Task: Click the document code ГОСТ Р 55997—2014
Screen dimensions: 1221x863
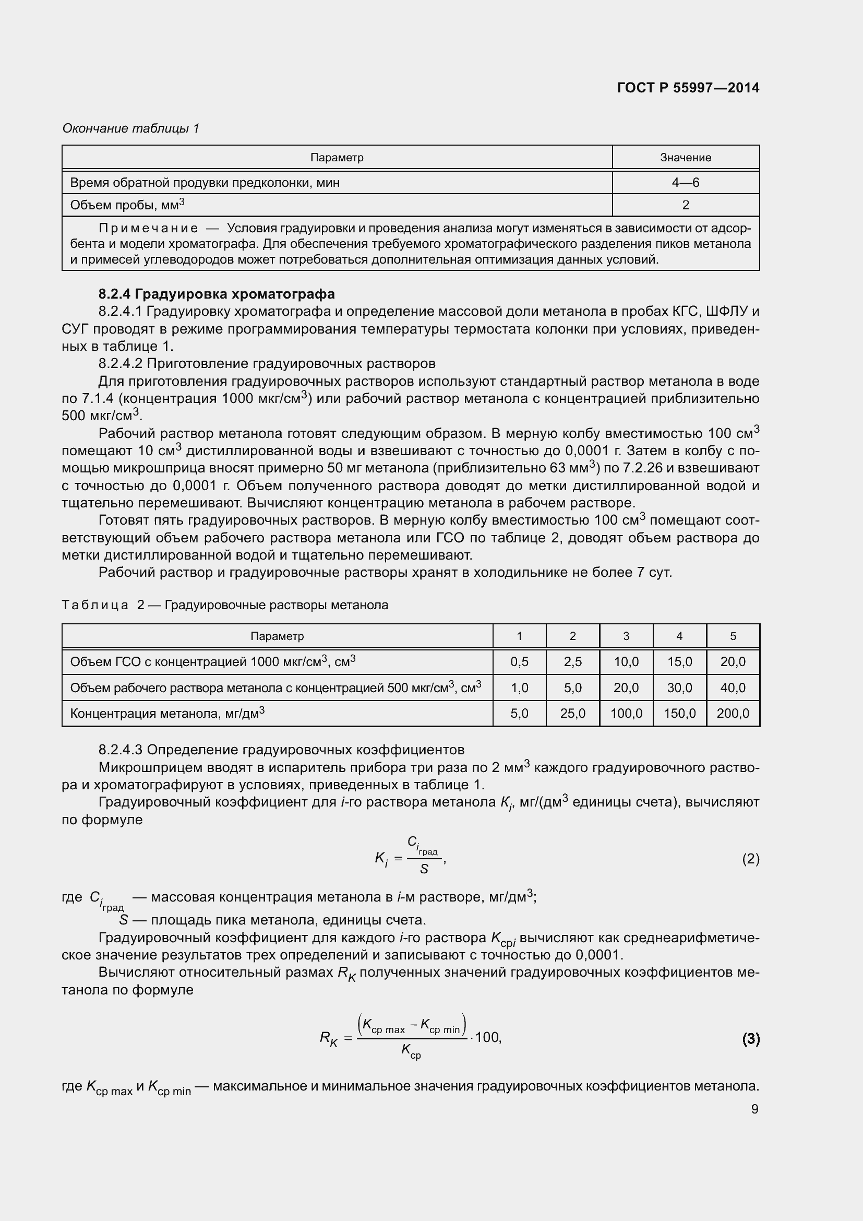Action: (688, 88)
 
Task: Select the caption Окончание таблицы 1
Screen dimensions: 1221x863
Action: (131, 128)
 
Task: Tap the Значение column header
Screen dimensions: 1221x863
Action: (685, 158)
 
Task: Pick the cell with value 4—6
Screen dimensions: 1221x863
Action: (685, 183)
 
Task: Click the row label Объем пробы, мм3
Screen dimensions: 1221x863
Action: (127, 205)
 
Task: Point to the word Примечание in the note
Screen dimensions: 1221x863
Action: (148, 229)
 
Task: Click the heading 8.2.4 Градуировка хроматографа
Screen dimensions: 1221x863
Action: (217, 294)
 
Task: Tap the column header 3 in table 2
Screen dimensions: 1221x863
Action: (626, 636)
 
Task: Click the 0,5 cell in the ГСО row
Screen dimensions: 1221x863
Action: (519, 662)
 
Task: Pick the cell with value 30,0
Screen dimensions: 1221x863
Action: (679, 688)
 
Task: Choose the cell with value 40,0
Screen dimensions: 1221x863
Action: (733, 688)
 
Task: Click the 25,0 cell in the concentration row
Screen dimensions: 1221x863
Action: (572, 714)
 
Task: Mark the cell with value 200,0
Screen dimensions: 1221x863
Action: (733, 714)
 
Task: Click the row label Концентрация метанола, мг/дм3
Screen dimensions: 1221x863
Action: (167, 713)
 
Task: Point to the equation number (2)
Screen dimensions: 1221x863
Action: (750, 859)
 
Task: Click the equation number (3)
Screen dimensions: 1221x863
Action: (750, 1038)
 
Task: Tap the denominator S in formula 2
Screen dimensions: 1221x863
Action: (424, 869)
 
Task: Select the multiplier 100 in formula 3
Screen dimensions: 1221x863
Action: (487, 1037)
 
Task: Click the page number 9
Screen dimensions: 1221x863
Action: (754, 1109)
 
